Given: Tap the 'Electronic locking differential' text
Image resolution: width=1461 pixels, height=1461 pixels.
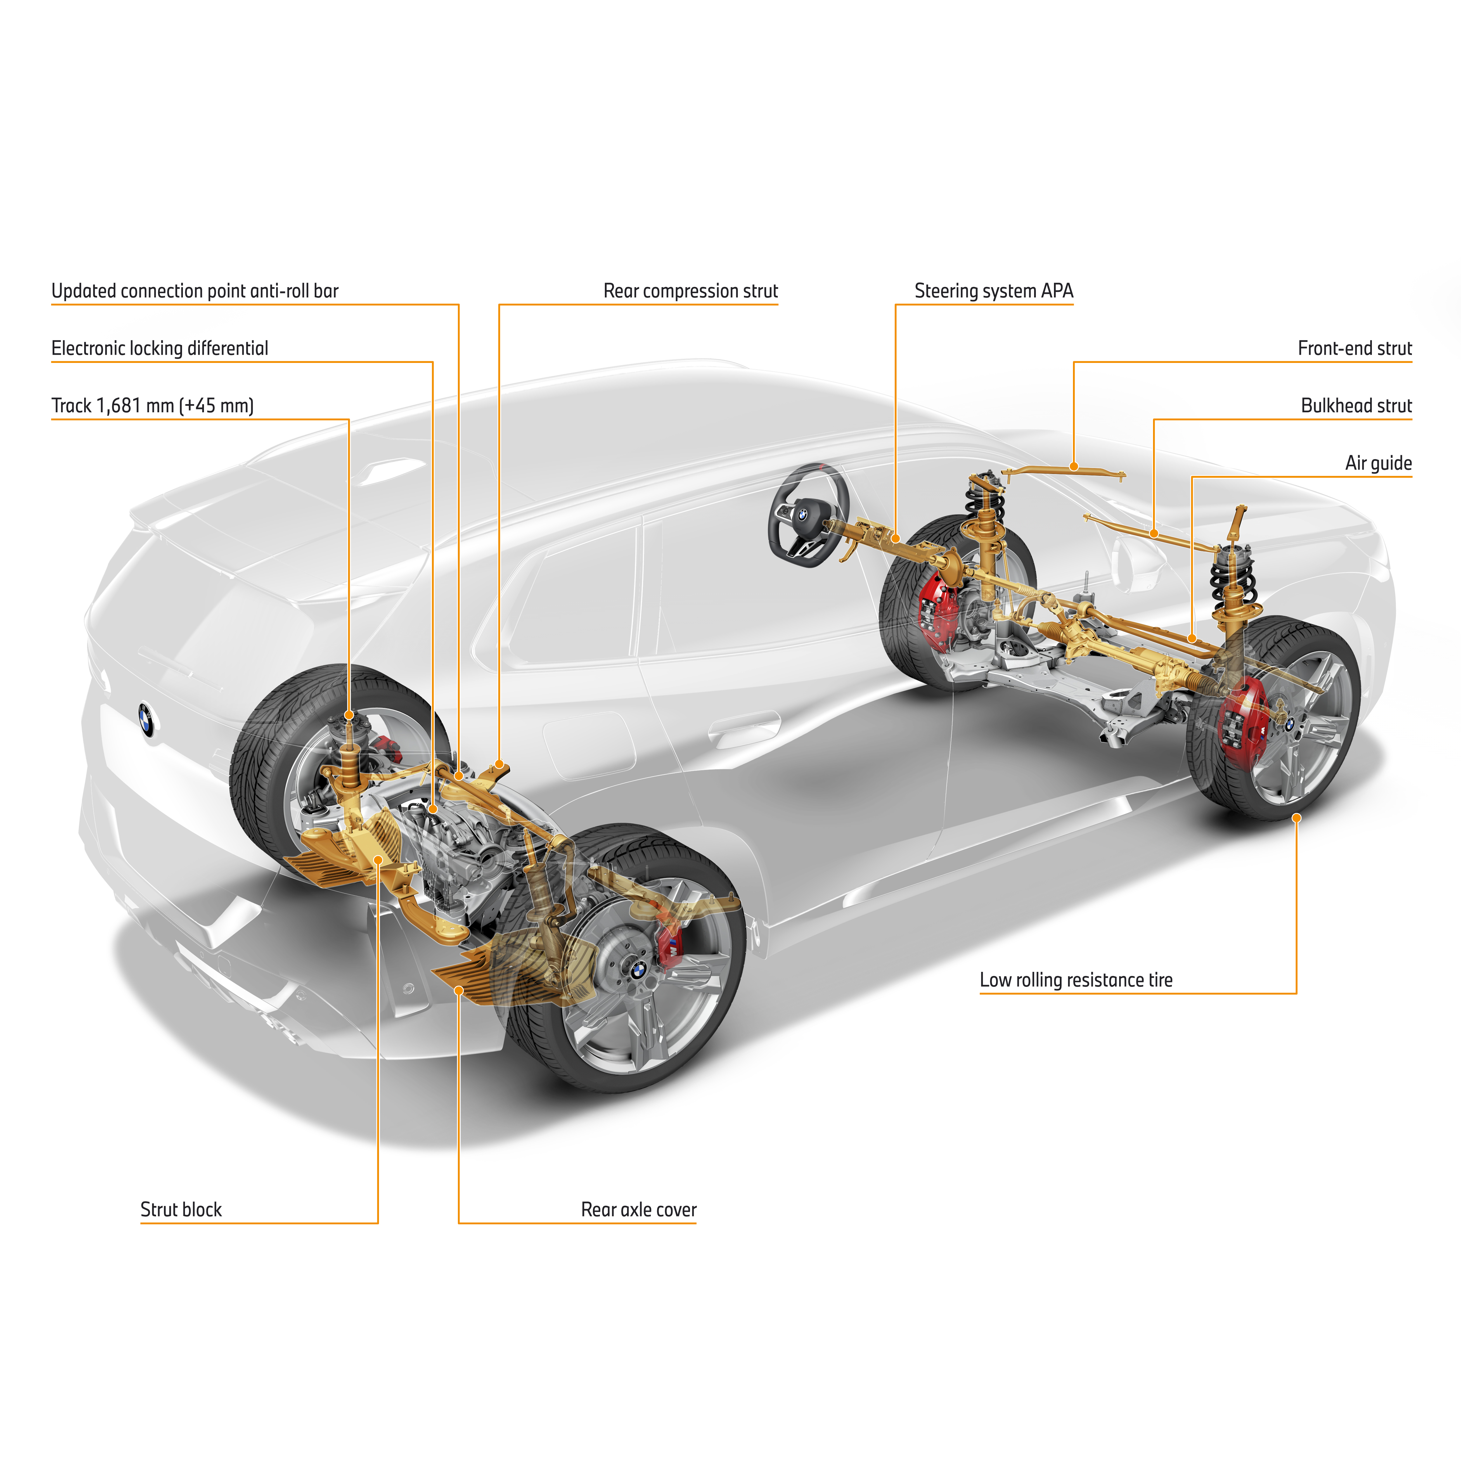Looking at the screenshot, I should point(160,349).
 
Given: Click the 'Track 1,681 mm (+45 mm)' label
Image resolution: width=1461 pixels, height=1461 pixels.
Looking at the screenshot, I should point(152,406).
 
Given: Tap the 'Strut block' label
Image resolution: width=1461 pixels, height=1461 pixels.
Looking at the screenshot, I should point(181,1210).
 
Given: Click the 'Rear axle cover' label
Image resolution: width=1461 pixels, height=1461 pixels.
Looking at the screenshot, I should point(638,1210).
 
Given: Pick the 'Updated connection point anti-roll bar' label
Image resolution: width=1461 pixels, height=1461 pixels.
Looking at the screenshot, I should point(194,291).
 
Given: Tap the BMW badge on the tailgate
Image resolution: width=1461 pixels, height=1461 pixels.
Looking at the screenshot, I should point(147,719).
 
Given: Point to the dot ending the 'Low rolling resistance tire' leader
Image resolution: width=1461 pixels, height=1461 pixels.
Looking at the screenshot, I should point(1296,818).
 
